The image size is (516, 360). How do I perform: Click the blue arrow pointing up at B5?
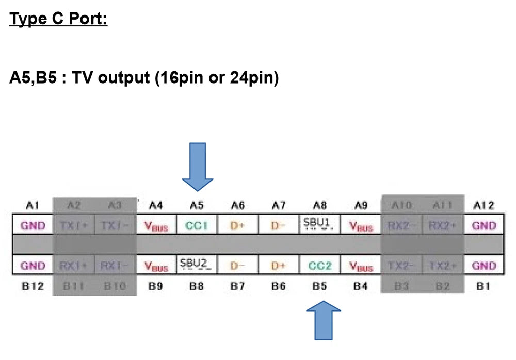[x=324, y=320]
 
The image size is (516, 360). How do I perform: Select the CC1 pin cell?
[x=197, y=225]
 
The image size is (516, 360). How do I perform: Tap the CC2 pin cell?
[x=319, y=266]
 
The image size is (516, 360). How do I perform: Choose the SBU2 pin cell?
[x=197, y=265]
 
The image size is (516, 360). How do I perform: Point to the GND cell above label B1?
[x=483, y=266]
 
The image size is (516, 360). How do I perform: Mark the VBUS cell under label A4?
[x=156, y=226]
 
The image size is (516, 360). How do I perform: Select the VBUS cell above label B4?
[x=361, y=267]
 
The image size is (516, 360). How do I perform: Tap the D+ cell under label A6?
[x=237, y=225]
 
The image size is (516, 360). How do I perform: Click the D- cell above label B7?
[x=237, y=266]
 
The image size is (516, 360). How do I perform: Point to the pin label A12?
[x=483, y=206]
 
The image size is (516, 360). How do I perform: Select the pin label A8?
[x=319, y=206]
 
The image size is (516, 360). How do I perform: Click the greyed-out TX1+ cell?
[x=74, y=225]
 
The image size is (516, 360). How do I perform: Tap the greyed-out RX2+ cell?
[x=442, y=225]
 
